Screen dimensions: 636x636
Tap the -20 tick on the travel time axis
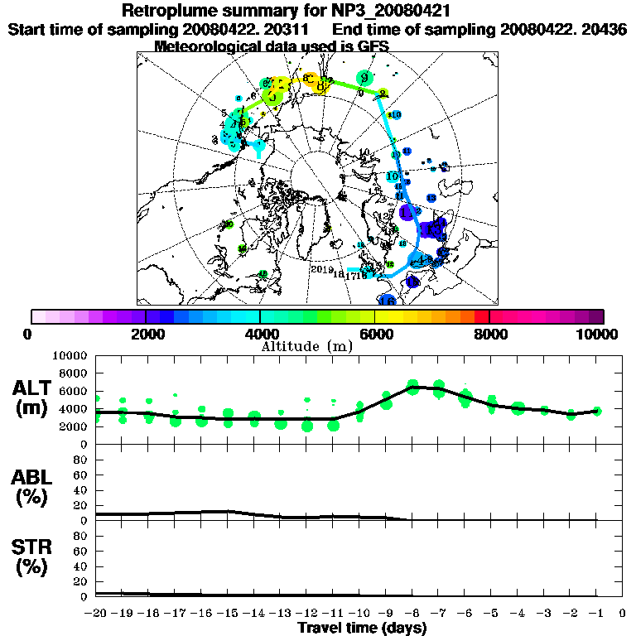click(97, 613)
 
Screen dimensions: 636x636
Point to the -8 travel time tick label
click(412, 613)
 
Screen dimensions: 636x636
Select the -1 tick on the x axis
click(595, 613)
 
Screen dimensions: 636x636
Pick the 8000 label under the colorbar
click(489, 334)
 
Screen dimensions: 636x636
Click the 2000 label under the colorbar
click(146, 334)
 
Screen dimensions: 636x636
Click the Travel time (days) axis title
click(362, 628)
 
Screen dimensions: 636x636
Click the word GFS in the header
click(373, 46)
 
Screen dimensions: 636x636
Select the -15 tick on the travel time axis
click(229, 613)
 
